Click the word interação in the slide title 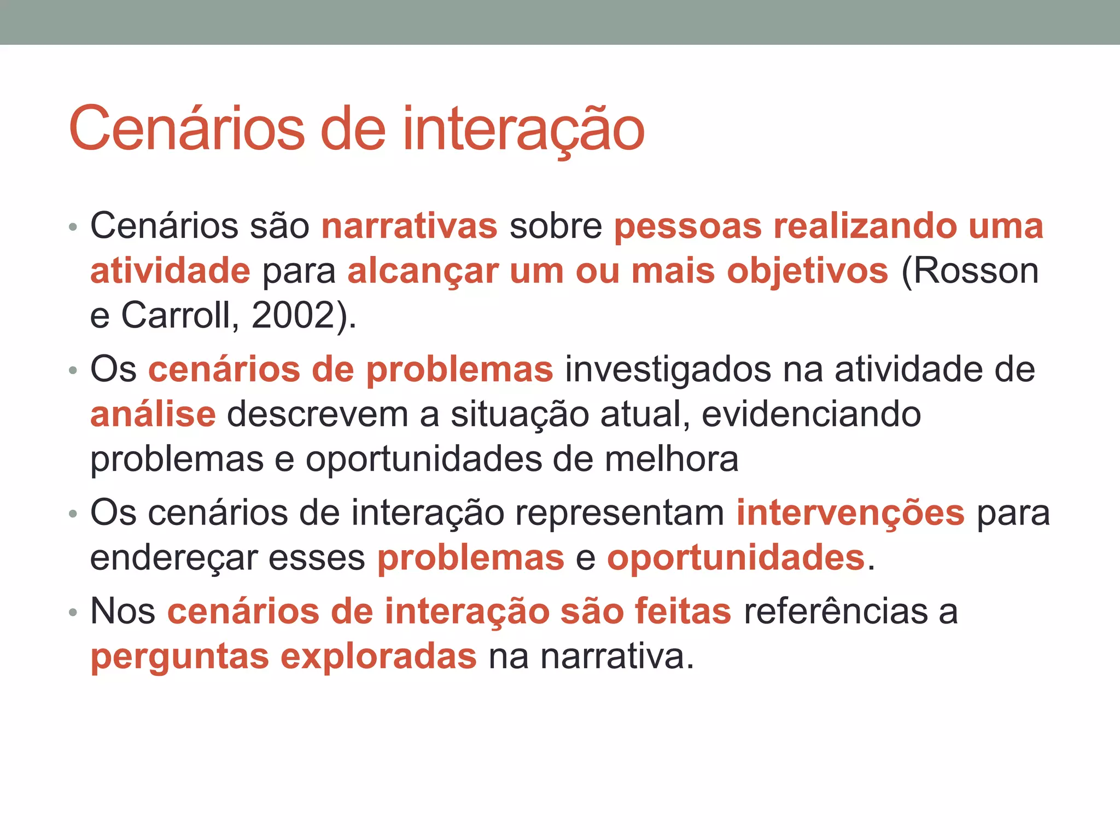point(523,129)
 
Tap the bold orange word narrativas point(410,226)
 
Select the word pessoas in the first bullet point(687,227)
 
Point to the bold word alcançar point(423,271)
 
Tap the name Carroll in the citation point(179,316)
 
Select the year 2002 point(292,316)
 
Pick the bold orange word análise point(153,415)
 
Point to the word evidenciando point(811,415)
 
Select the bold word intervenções point(850,514)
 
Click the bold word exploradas point(378,656)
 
